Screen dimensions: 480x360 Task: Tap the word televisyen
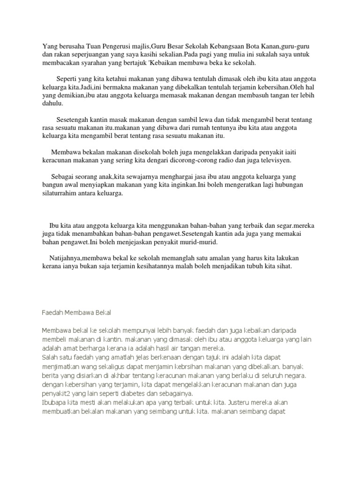tap(273, 160)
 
